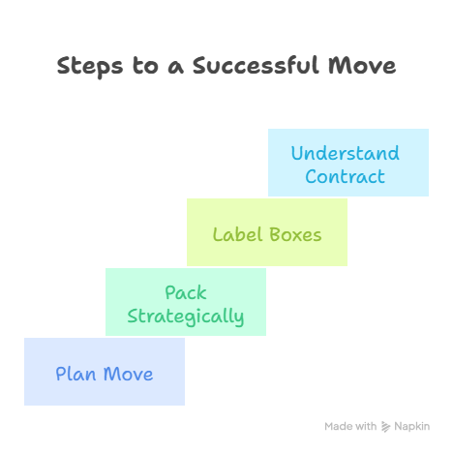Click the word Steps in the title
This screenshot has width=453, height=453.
coord(90,67)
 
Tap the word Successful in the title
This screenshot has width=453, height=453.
coord(257,65)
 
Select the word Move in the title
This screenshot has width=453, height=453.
coord(362,66)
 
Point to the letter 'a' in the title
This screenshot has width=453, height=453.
coord(176,68)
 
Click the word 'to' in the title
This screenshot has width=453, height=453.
coord(145,66)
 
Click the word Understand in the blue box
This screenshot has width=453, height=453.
coord(346,153)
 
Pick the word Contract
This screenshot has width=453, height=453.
coord(346,176)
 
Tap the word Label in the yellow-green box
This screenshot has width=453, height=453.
coord(237,234)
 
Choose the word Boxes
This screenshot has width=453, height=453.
coord(295,234)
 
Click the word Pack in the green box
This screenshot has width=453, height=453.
coord(186,292)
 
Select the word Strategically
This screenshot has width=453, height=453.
coord(186,317)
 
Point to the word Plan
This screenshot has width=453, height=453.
coord(75,374)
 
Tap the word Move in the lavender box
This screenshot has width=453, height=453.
coord(129,374)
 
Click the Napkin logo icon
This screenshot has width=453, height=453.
coord(385,427)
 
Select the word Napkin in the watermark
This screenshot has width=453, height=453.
coord(412,426)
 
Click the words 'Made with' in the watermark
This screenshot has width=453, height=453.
coord(350,426)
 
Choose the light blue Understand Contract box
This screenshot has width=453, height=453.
coord(348,163)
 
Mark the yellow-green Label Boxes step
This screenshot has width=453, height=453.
coord(267,232)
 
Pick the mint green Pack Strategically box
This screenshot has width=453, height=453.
coord(186,302)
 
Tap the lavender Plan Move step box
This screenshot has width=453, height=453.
coord(105,372)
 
